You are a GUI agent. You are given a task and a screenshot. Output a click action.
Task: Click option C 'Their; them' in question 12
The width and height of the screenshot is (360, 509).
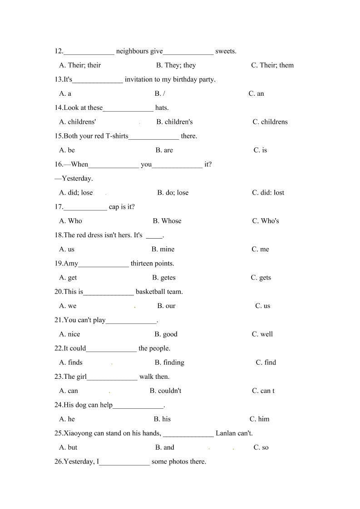272,65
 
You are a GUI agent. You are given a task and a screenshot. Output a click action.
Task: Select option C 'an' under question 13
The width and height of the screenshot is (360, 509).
256,93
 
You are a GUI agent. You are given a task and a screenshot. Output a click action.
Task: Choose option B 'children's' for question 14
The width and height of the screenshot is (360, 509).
174,122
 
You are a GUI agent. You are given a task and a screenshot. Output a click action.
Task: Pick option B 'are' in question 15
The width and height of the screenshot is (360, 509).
164,150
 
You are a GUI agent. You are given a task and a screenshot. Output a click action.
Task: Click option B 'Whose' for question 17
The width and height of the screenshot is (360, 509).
167,221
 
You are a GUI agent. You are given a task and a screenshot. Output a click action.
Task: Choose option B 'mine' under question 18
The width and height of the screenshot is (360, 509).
163,249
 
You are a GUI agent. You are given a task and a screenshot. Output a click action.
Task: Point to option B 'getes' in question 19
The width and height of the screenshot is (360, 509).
163,278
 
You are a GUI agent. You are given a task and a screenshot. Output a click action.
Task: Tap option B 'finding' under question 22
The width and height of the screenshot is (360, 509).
169,362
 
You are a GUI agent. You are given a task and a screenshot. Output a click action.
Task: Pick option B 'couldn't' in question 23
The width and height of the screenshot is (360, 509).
165,391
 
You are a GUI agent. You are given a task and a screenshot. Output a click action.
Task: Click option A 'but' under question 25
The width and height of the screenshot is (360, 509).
68,447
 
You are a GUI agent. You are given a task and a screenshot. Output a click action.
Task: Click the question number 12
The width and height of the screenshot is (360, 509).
59,51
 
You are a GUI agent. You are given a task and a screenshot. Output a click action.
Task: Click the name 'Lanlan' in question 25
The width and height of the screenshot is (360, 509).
226,433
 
